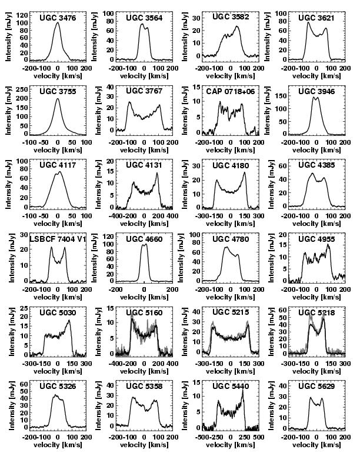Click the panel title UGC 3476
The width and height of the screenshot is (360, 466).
click(58, 18)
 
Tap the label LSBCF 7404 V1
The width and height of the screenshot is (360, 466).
click(58, 239)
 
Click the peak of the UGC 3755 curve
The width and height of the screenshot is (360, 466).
click(58, 99)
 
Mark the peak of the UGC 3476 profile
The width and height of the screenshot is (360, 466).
click(58, 24)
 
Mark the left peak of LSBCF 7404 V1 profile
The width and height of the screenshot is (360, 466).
click(51, 248)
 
